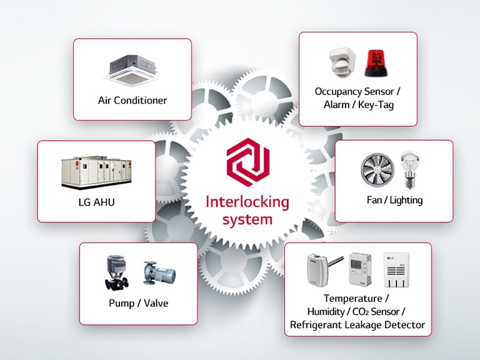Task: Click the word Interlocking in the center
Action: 239,202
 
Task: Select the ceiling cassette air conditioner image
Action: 132,71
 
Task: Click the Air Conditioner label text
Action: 132,100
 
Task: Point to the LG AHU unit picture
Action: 96,171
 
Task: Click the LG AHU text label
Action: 96,204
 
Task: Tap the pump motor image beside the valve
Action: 158,274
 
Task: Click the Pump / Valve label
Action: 137,304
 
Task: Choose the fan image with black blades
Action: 377,171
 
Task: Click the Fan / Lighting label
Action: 394,200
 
